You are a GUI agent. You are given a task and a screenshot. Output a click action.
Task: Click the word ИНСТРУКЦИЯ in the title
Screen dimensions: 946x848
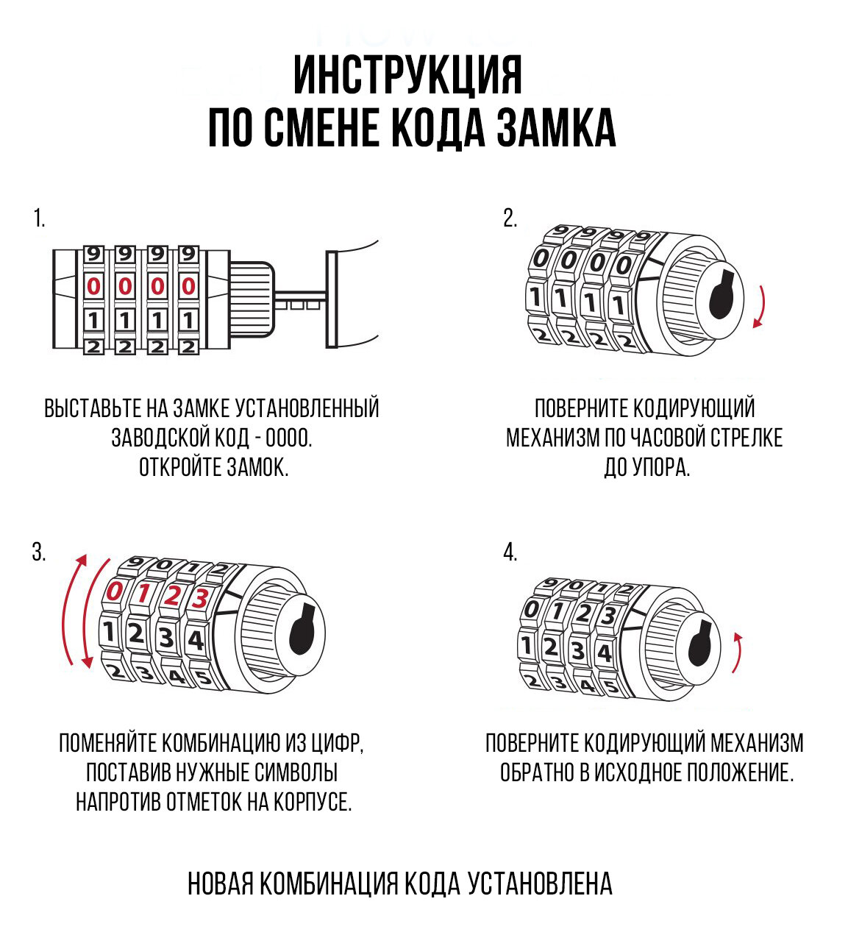click(408, 75)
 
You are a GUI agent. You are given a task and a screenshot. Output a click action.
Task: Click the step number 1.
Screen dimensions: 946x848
click(39, 218)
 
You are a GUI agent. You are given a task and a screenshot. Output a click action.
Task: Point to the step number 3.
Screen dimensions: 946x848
click(39, 552)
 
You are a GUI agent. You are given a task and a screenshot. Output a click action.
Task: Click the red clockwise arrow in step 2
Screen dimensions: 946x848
click(760, 305)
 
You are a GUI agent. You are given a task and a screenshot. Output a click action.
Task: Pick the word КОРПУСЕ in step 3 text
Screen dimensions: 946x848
click(313, 801)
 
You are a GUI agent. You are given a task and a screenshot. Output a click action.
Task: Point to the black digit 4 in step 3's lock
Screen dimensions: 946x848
click(196, 640)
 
